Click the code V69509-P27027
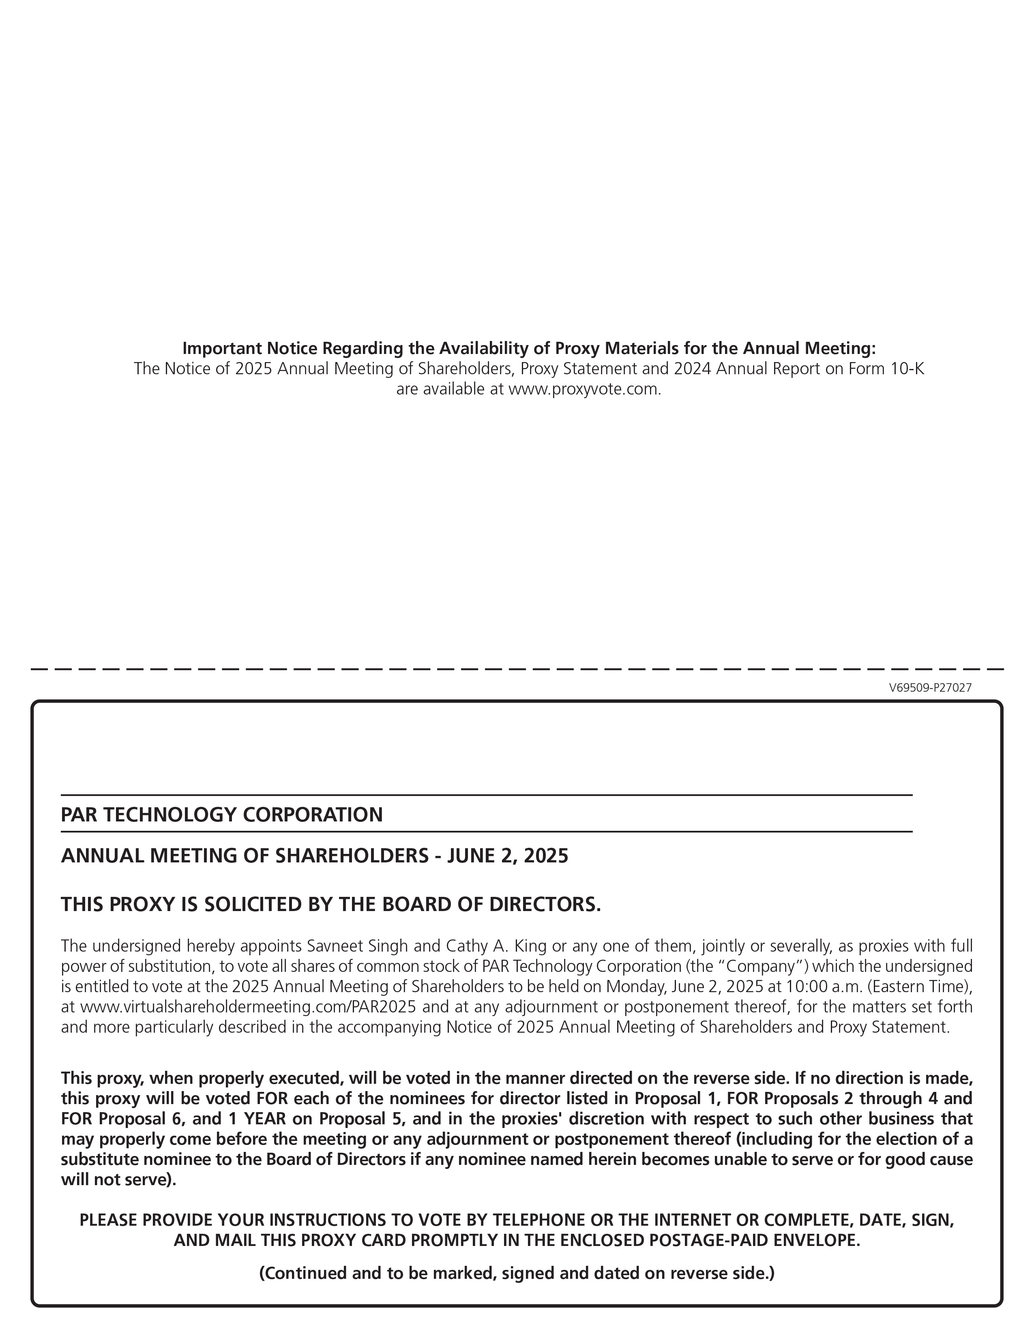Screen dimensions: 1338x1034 pyautogui.click(x=930, y=688)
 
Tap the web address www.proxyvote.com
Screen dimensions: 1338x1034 pyautogui.click(x=584, y=390)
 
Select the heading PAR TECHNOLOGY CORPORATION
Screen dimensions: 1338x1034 pyautogui.click(x=222, y=815)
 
